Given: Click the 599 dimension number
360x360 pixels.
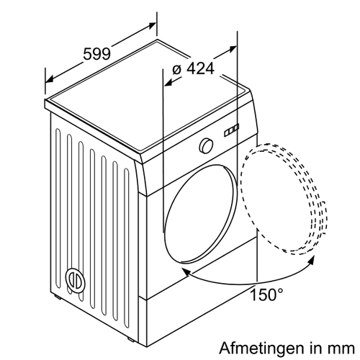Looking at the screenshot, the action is (x=96, y=54).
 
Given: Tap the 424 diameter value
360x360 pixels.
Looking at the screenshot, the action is (x=200, y=68).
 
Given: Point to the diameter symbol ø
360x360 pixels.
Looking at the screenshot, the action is (x=177, y=69).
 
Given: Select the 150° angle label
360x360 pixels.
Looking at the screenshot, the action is (x=266, y=294).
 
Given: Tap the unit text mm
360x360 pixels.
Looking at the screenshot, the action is (x=341, y=348).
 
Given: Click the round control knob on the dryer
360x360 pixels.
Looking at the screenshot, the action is (x=206, y=145).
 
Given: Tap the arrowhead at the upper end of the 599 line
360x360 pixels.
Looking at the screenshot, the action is (x=152, y=25).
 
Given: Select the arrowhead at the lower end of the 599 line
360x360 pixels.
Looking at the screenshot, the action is (x=50, y=79).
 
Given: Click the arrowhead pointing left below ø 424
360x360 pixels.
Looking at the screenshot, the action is (x=168, y=82).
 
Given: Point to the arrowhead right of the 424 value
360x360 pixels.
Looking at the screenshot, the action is (x=233, y=49).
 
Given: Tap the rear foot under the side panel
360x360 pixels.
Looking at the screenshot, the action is (x=58, y=297).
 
